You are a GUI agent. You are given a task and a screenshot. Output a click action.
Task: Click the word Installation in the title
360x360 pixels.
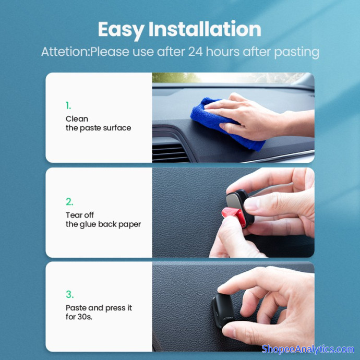[x=205, y=29]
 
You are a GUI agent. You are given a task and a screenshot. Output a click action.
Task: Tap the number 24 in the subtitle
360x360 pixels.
[x=196, y=52]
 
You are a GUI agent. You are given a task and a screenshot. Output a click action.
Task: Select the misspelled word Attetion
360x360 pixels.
[x=65, y=52]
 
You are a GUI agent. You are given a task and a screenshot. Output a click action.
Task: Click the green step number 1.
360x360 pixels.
[x=68, y=105]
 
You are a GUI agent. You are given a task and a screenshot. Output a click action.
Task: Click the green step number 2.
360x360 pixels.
[x=69, y=202]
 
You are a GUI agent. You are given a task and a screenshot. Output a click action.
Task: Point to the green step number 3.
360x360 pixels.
[x=69, y=294]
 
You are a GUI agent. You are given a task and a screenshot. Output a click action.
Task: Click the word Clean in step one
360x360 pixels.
[x=77, y=119]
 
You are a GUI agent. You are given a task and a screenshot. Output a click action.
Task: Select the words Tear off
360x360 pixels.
[x=80, y=215]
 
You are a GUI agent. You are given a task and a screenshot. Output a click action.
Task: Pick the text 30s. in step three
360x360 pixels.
[x=85, y=317]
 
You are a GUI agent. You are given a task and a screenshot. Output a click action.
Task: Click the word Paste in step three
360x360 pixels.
[x=76, y=308]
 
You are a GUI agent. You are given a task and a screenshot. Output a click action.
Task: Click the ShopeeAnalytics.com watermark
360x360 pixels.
[x=308, y=349]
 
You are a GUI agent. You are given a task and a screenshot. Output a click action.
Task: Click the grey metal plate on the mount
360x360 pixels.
[x=235, y=201]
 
